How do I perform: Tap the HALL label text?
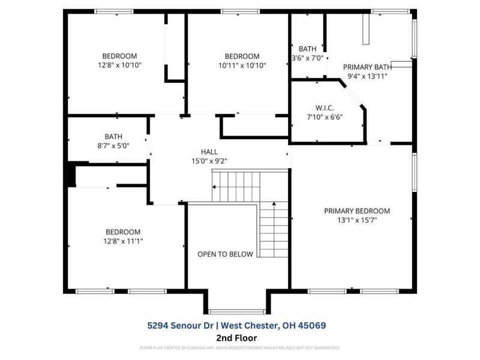[x=209, y=152]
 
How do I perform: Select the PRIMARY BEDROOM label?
[x=357, y=211]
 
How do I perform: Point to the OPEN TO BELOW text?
[x=226, y=254]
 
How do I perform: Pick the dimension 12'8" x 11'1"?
[x=123, y=241]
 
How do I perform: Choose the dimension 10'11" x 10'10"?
[x=242, y=65]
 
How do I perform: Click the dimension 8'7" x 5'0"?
[x=109, y=145]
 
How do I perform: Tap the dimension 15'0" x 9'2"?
[x=209, y=161]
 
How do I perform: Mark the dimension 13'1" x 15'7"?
[x=357, y=220]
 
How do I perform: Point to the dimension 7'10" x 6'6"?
[x=324, y=117]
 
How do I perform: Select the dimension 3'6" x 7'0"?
[x=307, y=58]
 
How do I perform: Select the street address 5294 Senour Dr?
[x=179, y=325]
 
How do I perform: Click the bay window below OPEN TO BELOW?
[x=236, y=311]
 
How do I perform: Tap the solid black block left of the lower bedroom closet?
[x=71, y=176]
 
